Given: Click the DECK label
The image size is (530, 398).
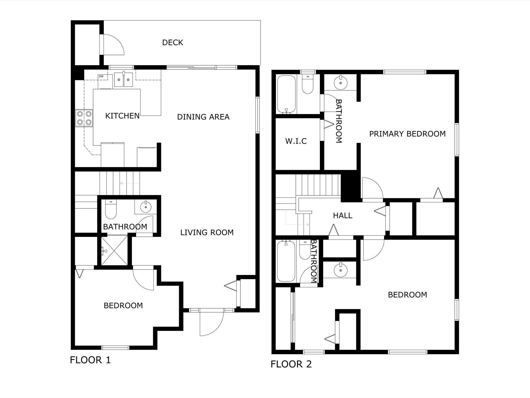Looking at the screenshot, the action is click(173, 42).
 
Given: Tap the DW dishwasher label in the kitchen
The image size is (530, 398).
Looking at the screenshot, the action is click(101, 76).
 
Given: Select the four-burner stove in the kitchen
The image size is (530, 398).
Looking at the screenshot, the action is click(84, 118).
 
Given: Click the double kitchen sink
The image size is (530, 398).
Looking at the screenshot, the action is click(124, 80).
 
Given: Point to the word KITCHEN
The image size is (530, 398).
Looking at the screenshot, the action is click(122, 116).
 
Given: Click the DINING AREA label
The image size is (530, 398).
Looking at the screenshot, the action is click(203, 117).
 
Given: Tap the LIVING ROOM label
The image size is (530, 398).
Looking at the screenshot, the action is click(207, 232).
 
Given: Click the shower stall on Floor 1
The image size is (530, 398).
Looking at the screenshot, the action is click(114, 250).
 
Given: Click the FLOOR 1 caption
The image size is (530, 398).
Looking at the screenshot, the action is click(90, 360).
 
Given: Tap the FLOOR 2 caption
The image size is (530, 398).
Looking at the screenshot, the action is click(291, 364).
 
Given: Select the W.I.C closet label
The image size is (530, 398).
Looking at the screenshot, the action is click(296, 141).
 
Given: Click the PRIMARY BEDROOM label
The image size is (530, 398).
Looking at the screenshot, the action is click(407, 134).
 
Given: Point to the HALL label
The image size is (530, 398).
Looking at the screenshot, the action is click(343, 216).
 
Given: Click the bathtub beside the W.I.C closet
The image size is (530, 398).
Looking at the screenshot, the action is click(286, 94).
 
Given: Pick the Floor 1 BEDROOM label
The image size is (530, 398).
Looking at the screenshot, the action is click(123, 306).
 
